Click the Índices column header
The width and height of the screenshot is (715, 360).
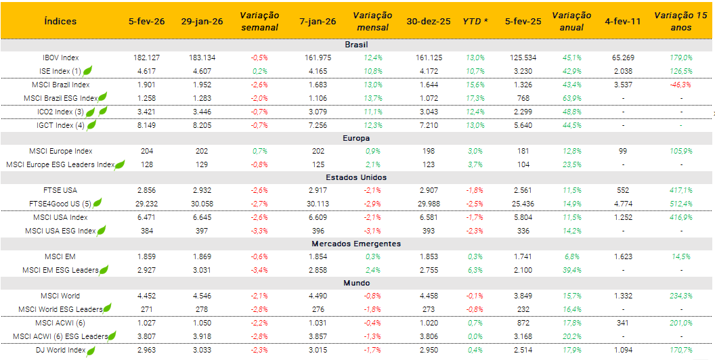(60, 21)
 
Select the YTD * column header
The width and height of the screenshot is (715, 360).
(475, 21)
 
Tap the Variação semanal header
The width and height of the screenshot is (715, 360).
(259, 21)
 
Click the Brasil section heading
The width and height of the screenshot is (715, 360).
(356, 45)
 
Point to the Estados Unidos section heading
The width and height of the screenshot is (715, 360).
(356, 177)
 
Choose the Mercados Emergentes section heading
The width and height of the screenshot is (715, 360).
(356, 244)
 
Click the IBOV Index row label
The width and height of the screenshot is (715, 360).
(60, 58)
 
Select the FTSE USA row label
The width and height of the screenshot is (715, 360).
(60, 191)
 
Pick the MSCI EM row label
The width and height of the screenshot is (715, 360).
(60, 257)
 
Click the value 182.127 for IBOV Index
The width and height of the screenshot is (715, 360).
(147, 58)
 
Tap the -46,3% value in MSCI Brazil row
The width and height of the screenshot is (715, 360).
(680, 85)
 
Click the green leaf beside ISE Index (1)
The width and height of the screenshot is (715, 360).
(87, 70)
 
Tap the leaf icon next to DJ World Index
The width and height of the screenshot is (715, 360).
(91, 351)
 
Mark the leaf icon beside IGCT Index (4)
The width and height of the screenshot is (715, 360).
(91, 125)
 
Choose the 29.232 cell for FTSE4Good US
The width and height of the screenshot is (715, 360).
(147, 204)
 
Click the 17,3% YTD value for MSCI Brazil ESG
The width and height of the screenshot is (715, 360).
(475, 98)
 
